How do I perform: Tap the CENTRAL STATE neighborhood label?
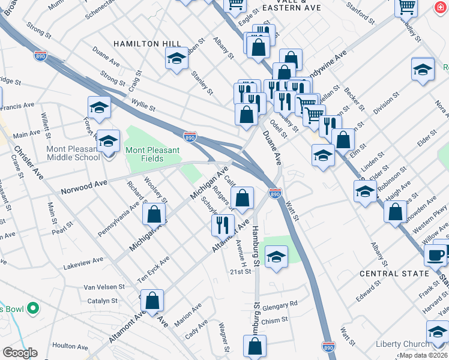[x=394, y=273]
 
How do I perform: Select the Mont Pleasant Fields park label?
[x=152, y=154]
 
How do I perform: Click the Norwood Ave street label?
[x=83, y=187]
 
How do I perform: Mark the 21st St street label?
[x=240, y=272]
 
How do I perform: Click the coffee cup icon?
[x=435, y=254]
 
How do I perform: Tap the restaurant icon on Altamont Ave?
[x=223, y=225]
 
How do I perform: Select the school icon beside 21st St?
[x=276, y=257]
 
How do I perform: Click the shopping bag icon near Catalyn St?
[x=153, y=300]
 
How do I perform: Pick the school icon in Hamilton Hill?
[x=176, y=58]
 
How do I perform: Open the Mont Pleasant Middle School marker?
[x=108, y=142]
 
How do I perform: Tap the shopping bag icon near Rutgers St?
[x=242, y=198]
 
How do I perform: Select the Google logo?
[x=20, y=353]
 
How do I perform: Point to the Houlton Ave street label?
[x=70, y=346]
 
